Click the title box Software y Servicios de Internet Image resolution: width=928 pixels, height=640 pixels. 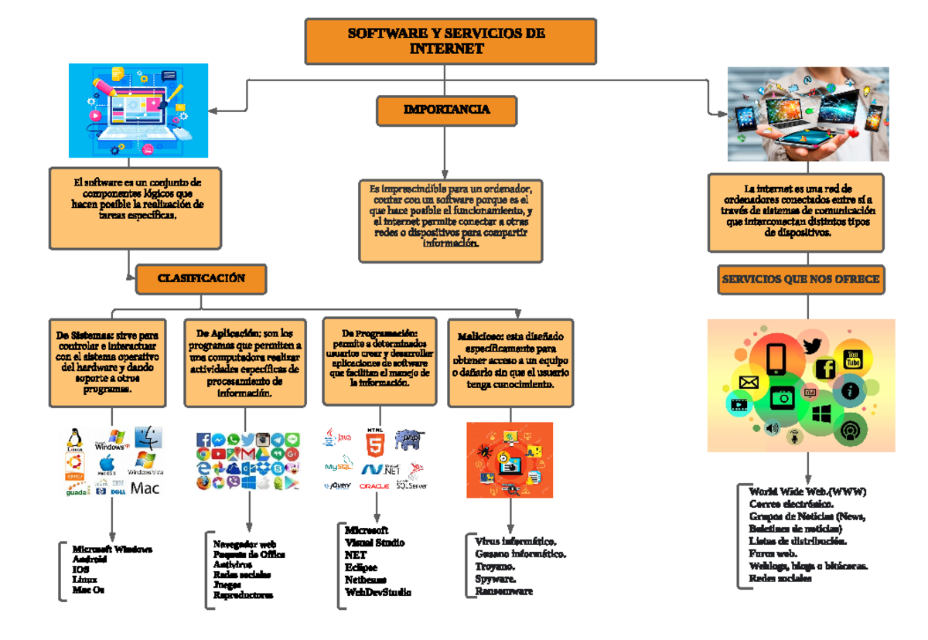coord(450,42)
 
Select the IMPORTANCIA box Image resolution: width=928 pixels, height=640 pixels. coord(446,111)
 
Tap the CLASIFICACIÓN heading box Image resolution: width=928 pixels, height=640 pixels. coord(201,279)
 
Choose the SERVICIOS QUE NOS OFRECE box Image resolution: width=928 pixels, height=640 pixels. coord(800,279)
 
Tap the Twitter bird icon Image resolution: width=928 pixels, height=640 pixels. coord(812,346)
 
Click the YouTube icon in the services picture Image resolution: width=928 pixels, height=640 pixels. coord(854,358)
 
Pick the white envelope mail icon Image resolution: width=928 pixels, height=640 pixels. coord(749,382)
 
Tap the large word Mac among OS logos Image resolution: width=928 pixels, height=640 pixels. coord(145,489)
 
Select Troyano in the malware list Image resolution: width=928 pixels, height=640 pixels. coord(495,567)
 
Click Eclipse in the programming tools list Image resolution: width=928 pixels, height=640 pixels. coord(361,567)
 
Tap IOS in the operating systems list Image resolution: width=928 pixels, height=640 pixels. coord(80,569)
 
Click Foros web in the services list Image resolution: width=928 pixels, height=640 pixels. coord(773,553)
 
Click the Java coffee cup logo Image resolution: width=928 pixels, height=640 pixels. coord(331,438)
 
